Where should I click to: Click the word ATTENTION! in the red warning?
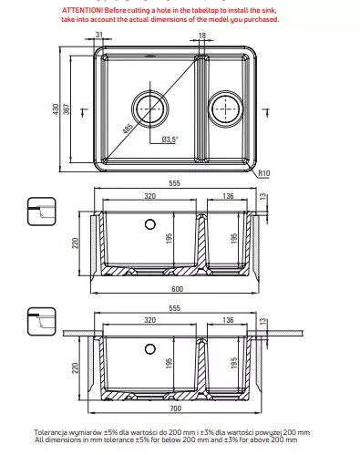82,10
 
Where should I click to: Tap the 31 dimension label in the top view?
99,35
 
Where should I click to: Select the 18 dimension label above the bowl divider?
202,36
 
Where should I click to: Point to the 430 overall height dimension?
56,109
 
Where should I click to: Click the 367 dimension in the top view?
67,109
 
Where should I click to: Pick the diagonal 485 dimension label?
128,129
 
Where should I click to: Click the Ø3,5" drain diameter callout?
170,140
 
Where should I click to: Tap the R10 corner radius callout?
263,173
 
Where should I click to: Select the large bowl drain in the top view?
150,109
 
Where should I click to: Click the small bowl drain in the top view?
226,109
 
